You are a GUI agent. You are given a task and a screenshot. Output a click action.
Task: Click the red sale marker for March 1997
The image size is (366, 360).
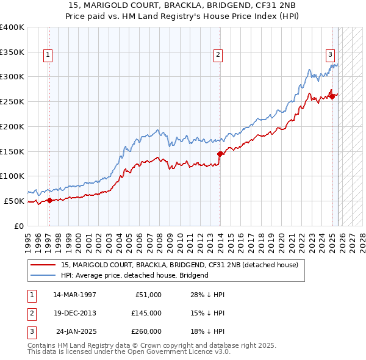(x=49, y=200)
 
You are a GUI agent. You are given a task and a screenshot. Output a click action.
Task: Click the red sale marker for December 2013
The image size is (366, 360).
(x=220, y=154)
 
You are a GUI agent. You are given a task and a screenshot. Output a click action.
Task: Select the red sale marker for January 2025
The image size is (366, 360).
(x=332, y=95)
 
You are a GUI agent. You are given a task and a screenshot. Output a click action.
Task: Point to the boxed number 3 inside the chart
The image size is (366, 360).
(x=330, y=54)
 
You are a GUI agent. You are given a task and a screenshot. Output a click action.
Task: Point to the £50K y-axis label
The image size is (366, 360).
(x=14, y=201)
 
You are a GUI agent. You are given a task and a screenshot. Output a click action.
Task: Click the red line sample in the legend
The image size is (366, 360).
(x=43, y=265)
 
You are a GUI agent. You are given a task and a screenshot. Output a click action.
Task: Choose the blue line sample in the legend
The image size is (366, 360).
(x=43, y=275)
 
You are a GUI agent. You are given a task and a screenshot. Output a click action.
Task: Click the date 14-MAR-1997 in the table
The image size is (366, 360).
(x=74, y=295)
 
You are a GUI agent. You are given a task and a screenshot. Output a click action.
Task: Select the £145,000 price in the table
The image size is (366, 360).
(x=146, y=313)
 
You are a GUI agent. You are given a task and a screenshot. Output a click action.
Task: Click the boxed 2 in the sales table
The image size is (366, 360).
(x=31, y=313)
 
